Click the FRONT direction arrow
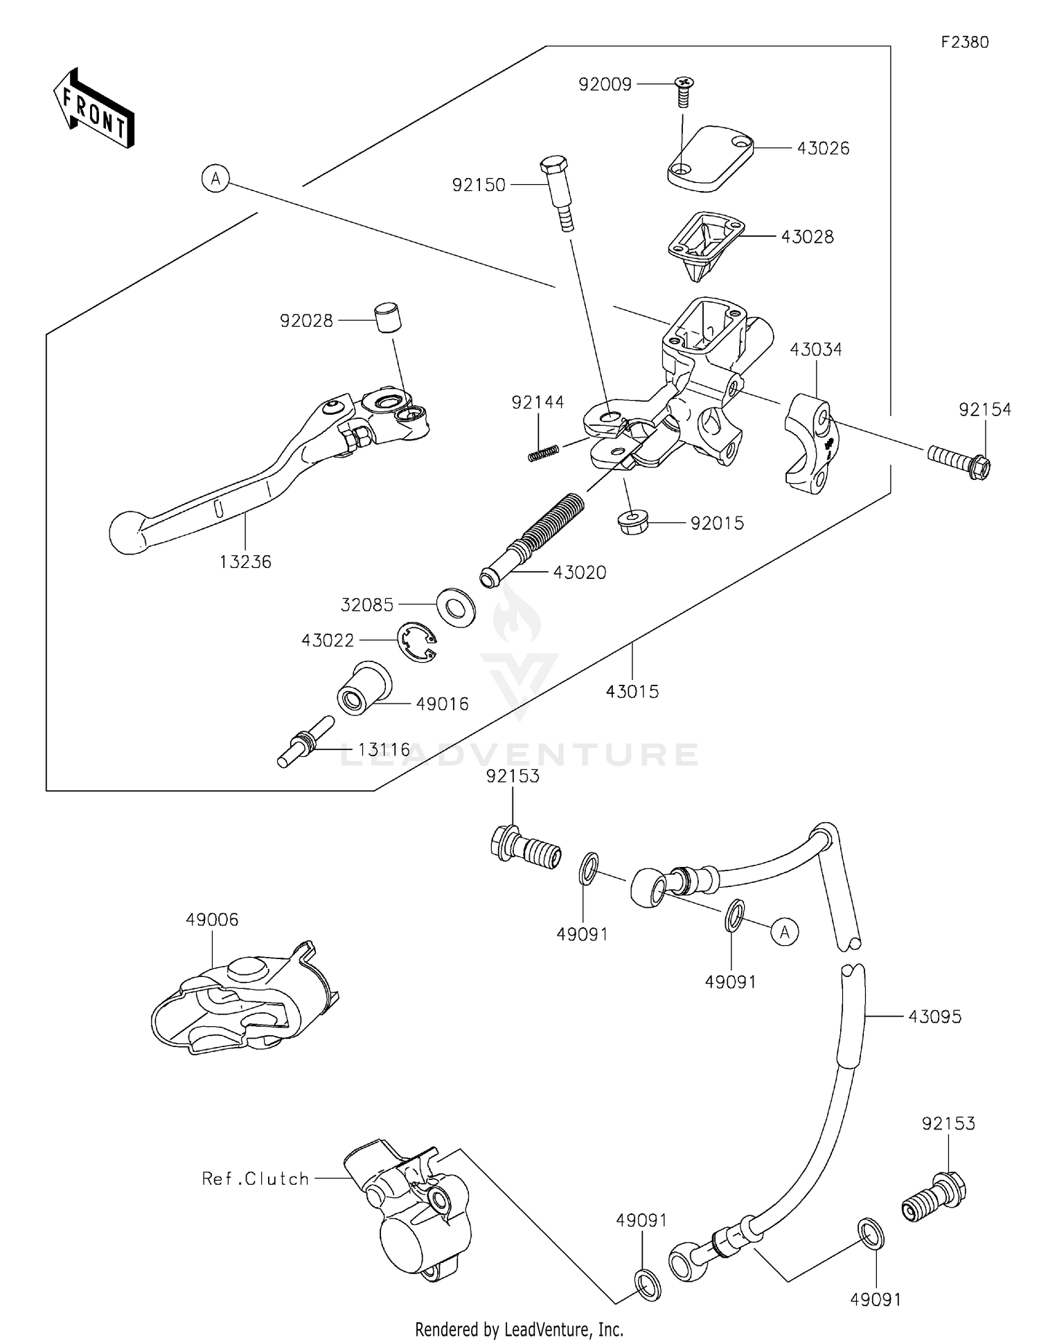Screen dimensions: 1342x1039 point(94,109)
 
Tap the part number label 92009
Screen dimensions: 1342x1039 point(605,84)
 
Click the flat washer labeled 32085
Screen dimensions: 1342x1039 point(456,607)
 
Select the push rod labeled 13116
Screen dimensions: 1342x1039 point(305,743)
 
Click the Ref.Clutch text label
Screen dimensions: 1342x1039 point(255,1179)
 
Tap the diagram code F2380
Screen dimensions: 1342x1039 point(964,42)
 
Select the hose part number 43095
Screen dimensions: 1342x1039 point(934,1017)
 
